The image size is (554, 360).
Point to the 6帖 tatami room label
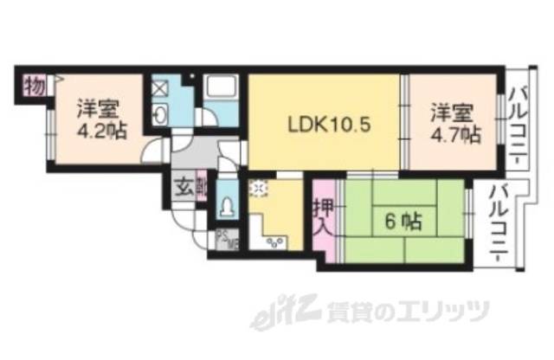[x=403, y=222]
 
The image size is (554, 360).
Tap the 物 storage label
[x=34, y=87]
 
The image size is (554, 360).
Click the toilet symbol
[x=225, y=208]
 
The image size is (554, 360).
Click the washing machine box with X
[x=161, y=87]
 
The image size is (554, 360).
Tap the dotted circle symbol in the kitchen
[x=257, y=190]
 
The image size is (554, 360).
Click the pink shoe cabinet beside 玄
[x=202, y=188]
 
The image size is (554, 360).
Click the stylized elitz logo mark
[x=275, y=312]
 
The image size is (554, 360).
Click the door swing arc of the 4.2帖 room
[x=151, y=154]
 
